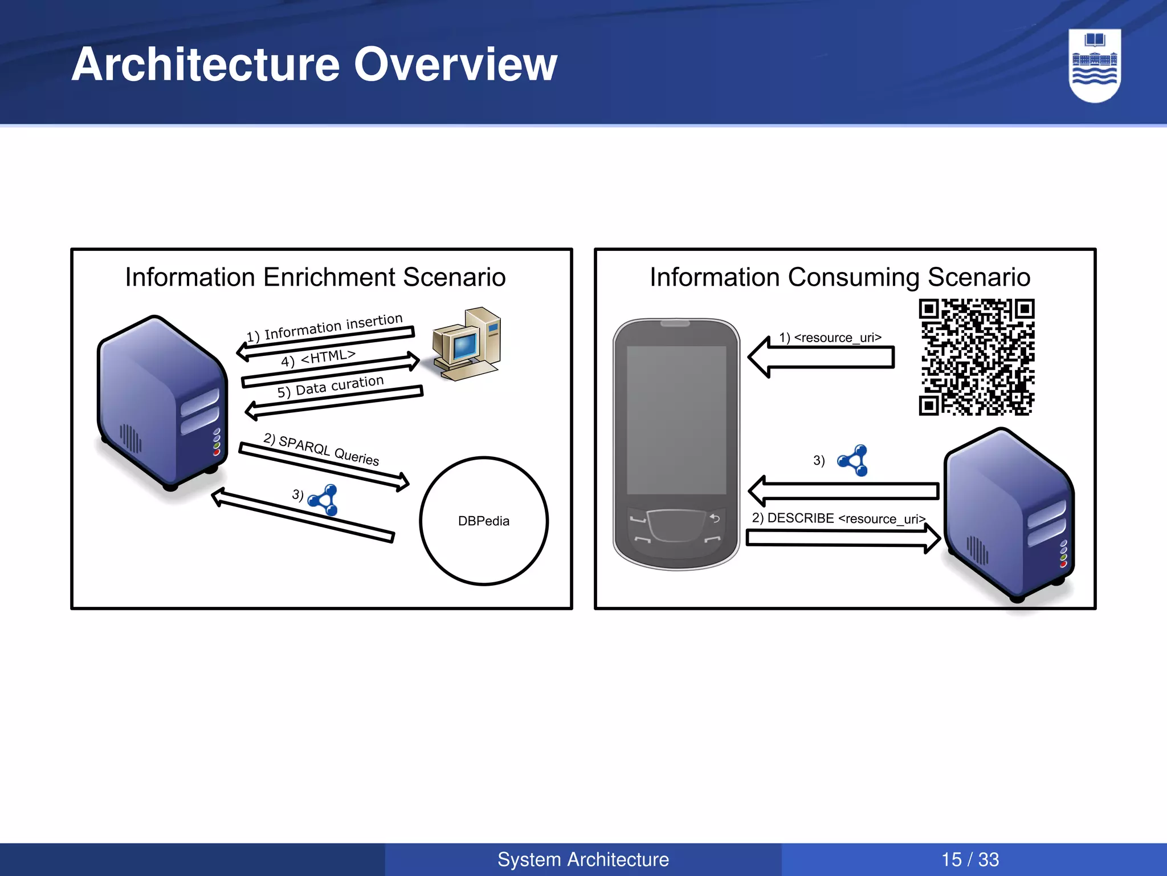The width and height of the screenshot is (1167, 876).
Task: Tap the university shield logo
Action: click(x=1095, y=66)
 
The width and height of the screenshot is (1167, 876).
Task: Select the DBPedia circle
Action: click(x=484, y=521)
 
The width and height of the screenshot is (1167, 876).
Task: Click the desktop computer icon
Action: click(x=467, y=344)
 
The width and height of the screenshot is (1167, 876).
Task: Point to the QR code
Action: click(x=976, y=357)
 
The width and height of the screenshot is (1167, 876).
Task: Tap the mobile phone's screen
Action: click(x=676, y=419)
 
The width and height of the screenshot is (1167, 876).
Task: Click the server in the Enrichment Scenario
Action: click(x=162, y=402)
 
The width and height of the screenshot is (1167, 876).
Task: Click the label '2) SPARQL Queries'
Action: click(x=321, y=449)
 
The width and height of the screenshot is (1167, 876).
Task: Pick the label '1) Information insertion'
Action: click(x=324, y=327)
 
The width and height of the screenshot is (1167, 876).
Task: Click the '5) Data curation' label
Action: click(x=330, y=386)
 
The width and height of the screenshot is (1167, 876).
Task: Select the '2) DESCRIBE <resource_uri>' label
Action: click(x=838, y=518)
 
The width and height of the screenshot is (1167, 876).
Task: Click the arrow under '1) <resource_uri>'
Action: click(x=821, y=358)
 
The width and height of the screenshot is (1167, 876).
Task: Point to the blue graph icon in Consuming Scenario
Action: click(x=853, y=460)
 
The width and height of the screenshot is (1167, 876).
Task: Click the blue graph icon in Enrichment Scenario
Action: click(x=324, y=500)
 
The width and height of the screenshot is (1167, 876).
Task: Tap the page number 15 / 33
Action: click(x=970, y=859)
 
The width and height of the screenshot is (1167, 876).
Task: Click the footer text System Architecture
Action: click(x=583, y=859)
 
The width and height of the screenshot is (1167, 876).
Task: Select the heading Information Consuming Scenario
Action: click(x=840, y=278)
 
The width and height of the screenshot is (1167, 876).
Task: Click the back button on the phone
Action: click(x=715, y=518)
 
